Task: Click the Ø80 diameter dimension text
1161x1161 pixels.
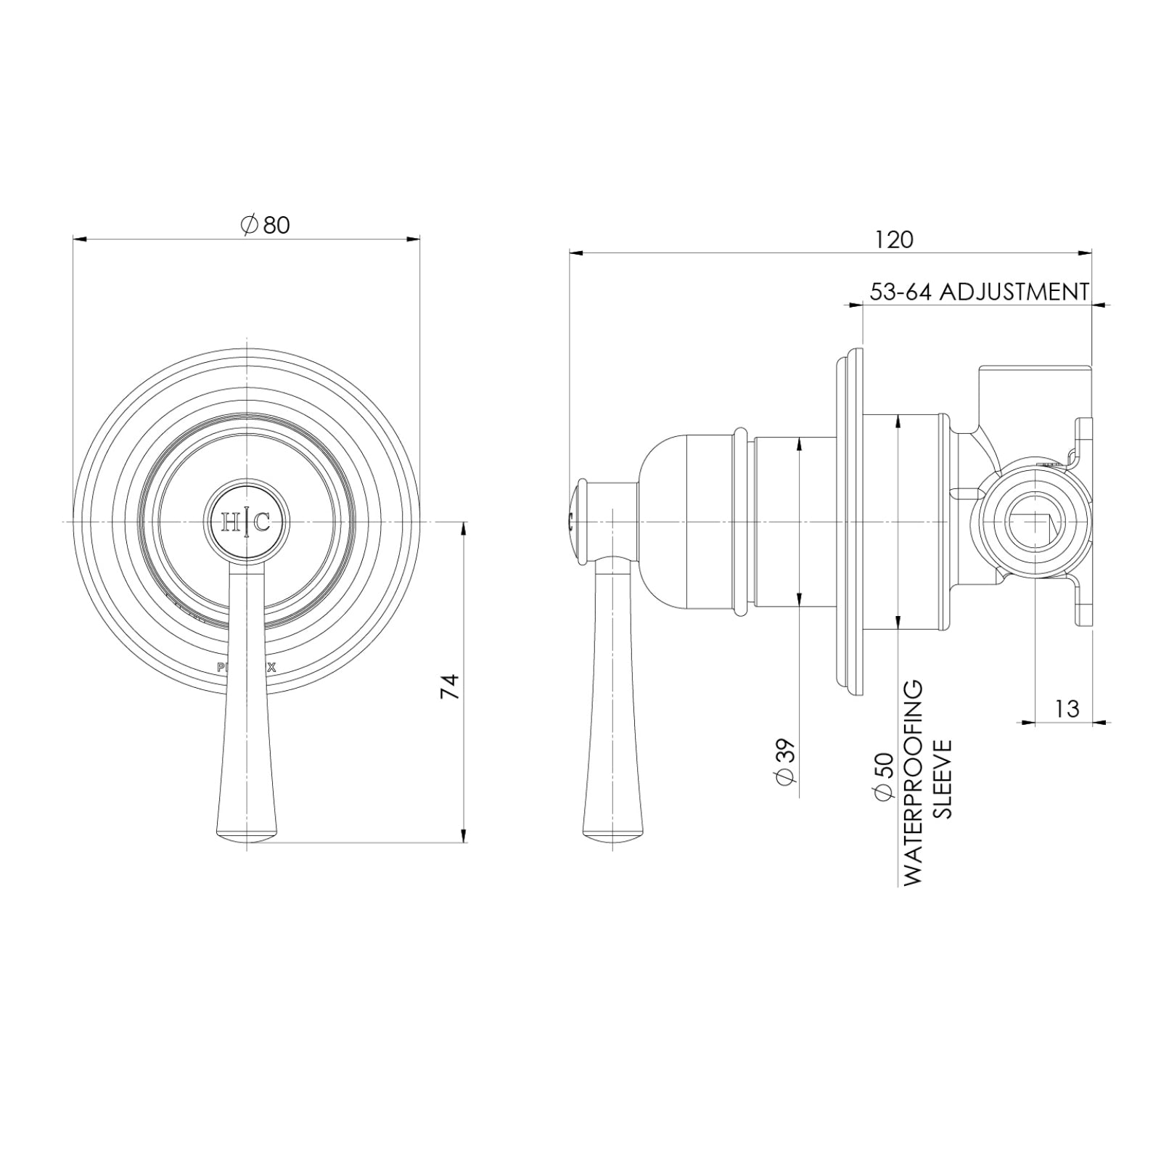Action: coord(266,225)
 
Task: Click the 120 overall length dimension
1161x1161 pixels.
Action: coord(893,239)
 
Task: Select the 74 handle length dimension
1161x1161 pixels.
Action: coord(451,686)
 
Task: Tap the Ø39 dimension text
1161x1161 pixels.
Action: coord(787,762)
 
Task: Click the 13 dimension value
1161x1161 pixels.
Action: coord(1067,708)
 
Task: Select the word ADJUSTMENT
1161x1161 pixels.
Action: coord(1014,292)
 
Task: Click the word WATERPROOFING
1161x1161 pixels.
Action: coord(914,782)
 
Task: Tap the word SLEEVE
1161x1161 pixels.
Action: coord(941,779)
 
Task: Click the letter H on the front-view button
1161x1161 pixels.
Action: coord(230,522)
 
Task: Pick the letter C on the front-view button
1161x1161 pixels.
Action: coord(263,522)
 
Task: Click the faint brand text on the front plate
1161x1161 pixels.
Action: coord(247,668)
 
